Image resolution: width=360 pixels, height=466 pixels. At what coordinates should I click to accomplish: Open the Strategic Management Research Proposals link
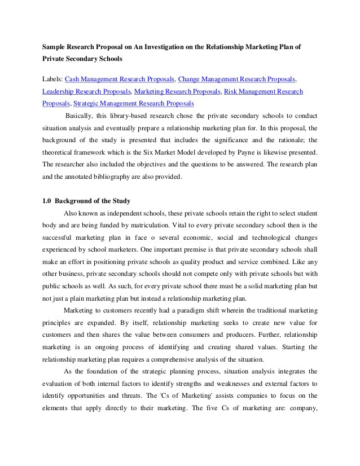(x=134, y=103)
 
